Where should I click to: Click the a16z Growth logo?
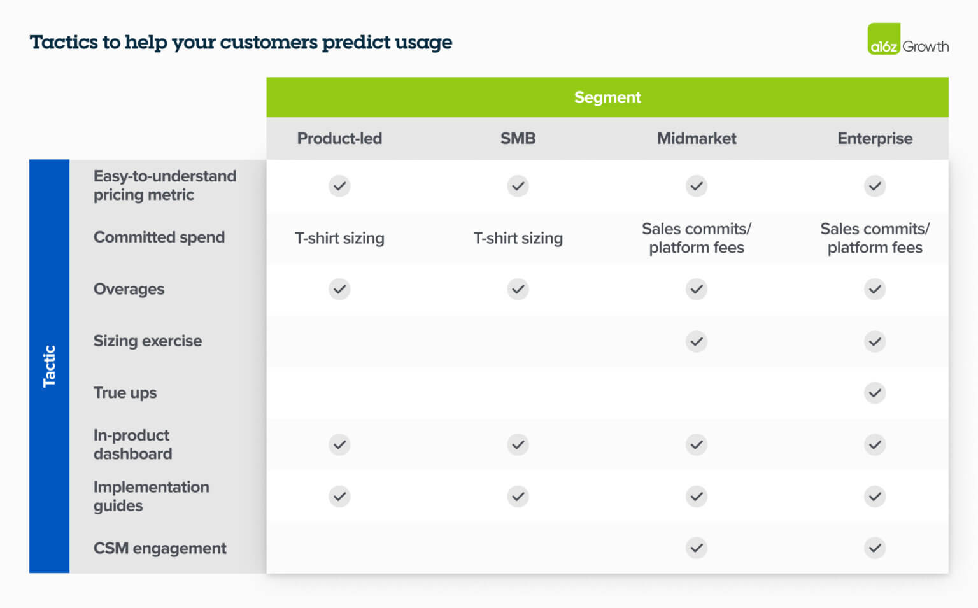tap(907, 39)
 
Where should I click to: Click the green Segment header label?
tap(607, 97)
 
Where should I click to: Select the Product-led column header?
tap(339, 138)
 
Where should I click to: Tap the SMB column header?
tap(518, 138)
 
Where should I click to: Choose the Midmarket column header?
tap(696, 138)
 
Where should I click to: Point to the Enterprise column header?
tap(874, 138)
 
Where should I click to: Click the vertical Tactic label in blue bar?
tap(49, 366)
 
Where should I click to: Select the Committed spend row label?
tap(159, 237)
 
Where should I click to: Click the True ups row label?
tap(125, 393)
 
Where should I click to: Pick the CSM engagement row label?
tap(159, 548)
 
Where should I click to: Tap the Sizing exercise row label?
tap(147, 341)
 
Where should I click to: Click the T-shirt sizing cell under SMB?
tap(518, 238)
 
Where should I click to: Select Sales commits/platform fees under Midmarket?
tap(696, 238)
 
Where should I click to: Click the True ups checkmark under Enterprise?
tap(875, 393)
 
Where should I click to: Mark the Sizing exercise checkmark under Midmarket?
tap(697, 341)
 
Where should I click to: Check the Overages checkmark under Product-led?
tap(339, 289)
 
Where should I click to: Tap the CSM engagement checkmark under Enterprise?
tap(875, 548)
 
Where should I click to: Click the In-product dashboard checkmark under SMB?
tap(518, 444)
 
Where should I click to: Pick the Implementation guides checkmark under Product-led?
tap(339, 496)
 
